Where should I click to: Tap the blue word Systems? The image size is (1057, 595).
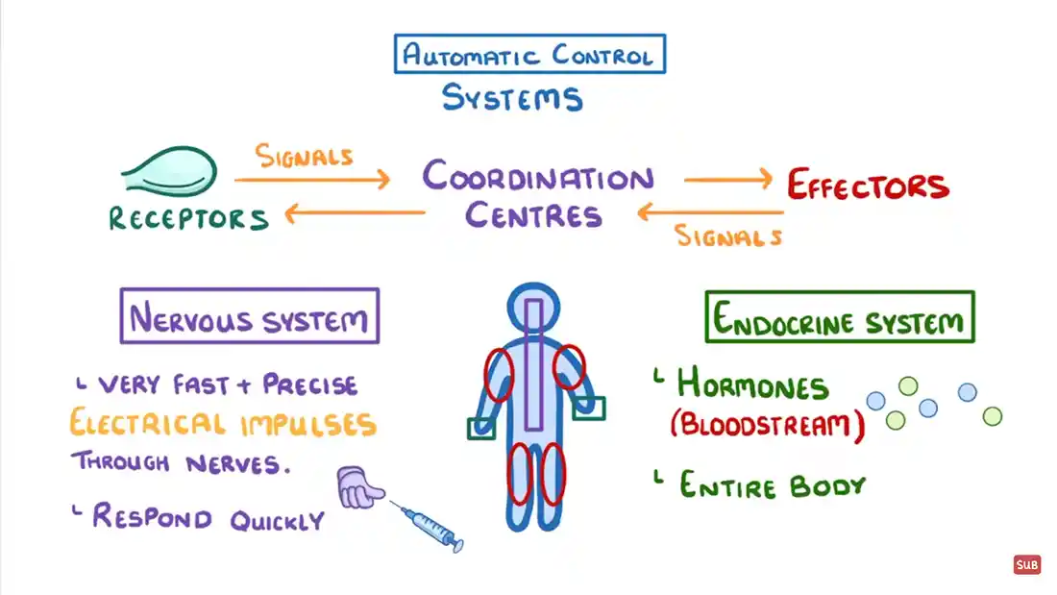[511, 97]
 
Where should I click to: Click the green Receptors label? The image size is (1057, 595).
[187, 219]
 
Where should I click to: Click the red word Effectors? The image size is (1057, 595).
[868, 185]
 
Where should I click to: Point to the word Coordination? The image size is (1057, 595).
[537, 178]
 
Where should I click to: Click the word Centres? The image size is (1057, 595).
[533, 214]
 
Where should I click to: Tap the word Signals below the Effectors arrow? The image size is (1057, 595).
[728, 236]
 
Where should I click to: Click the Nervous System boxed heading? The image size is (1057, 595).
[249, 317]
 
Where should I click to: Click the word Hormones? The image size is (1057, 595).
[752, 385]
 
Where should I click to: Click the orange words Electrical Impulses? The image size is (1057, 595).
[222, 424]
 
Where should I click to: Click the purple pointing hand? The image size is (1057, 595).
[359, 488]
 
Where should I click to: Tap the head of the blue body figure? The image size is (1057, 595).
[533, 307]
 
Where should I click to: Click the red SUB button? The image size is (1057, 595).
[1027, 565]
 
